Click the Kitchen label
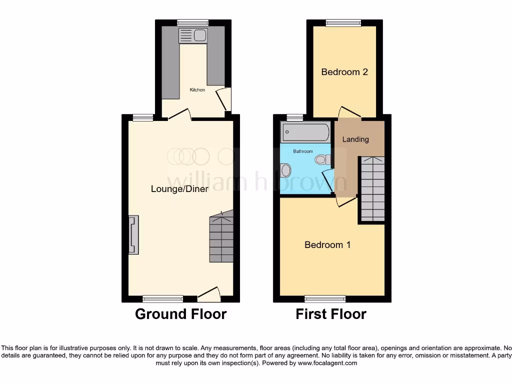pyautogui.click(x=197, y=90)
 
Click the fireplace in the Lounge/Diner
pyautogui.click(x=133, y=235)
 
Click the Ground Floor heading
pyautogui.click(x=180, y=314)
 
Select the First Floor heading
pyautogui.click(x=331, y=314)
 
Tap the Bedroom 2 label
pyautogui.click(x=344, y=72)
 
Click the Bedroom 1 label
pyautogui.click(x=327, y=245)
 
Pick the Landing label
pyautogui.click(x=355, y=139)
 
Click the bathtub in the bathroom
pyautogui.click(x=305, y=133)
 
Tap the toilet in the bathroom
pyautogui.click(x=321, y=159)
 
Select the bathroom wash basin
pyautogui.click(x=285, y=170)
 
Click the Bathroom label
pyautogui.click(x=303, y=151)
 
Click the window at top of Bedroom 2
pyautogui.click(x=343, y=22)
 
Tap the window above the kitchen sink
pyautogui.click(x=193, y=22)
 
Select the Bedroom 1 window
pyautogui.click(x=325, y=299)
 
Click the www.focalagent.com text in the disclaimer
pyautogui.click(x=328, y=363)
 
